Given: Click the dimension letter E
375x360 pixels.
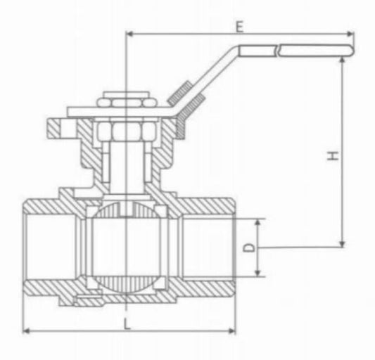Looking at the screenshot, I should (239, 27).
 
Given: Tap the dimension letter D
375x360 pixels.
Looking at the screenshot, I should (248, 247).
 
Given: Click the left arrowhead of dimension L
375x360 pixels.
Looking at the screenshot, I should (27, 330).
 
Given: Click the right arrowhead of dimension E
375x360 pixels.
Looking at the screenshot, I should (350, 32).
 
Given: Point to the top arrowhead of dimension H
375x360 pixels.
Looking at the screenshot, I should (343, 61).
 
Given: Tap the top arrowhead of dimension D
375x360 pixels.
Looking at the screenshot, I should (258, 222).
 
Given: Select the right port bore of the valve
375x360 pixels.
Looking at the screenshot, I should (211, 247).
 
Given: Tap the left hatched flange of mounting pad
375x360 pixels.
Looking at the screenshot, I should (56, 128).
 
